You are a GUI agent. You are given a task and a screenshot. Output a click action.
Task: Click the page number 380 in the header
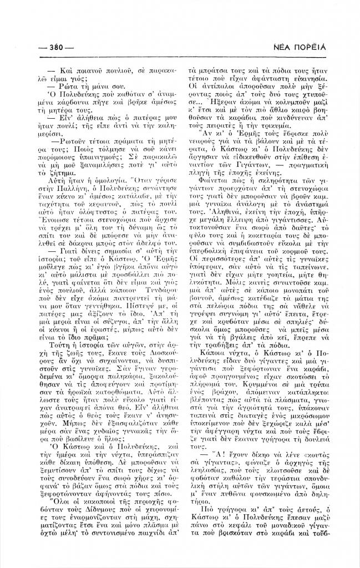pyautogui.click(x=57, y=47)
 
